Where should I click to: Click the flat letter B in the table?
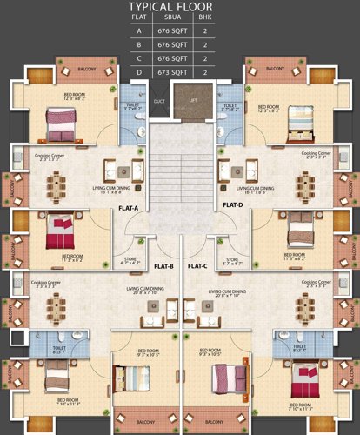tap(138, 43)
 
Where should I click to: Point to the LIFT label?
tap(192, 100)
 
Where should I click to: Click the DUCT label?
tap(159, 100)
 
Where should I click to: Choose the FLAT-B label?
tap(163, 265)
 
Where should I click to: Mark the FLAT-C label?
tap(197, 265)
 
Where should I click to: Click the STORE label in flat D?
tap(232, 258)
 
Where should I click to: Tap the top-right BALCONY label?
tap(275, 68)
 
